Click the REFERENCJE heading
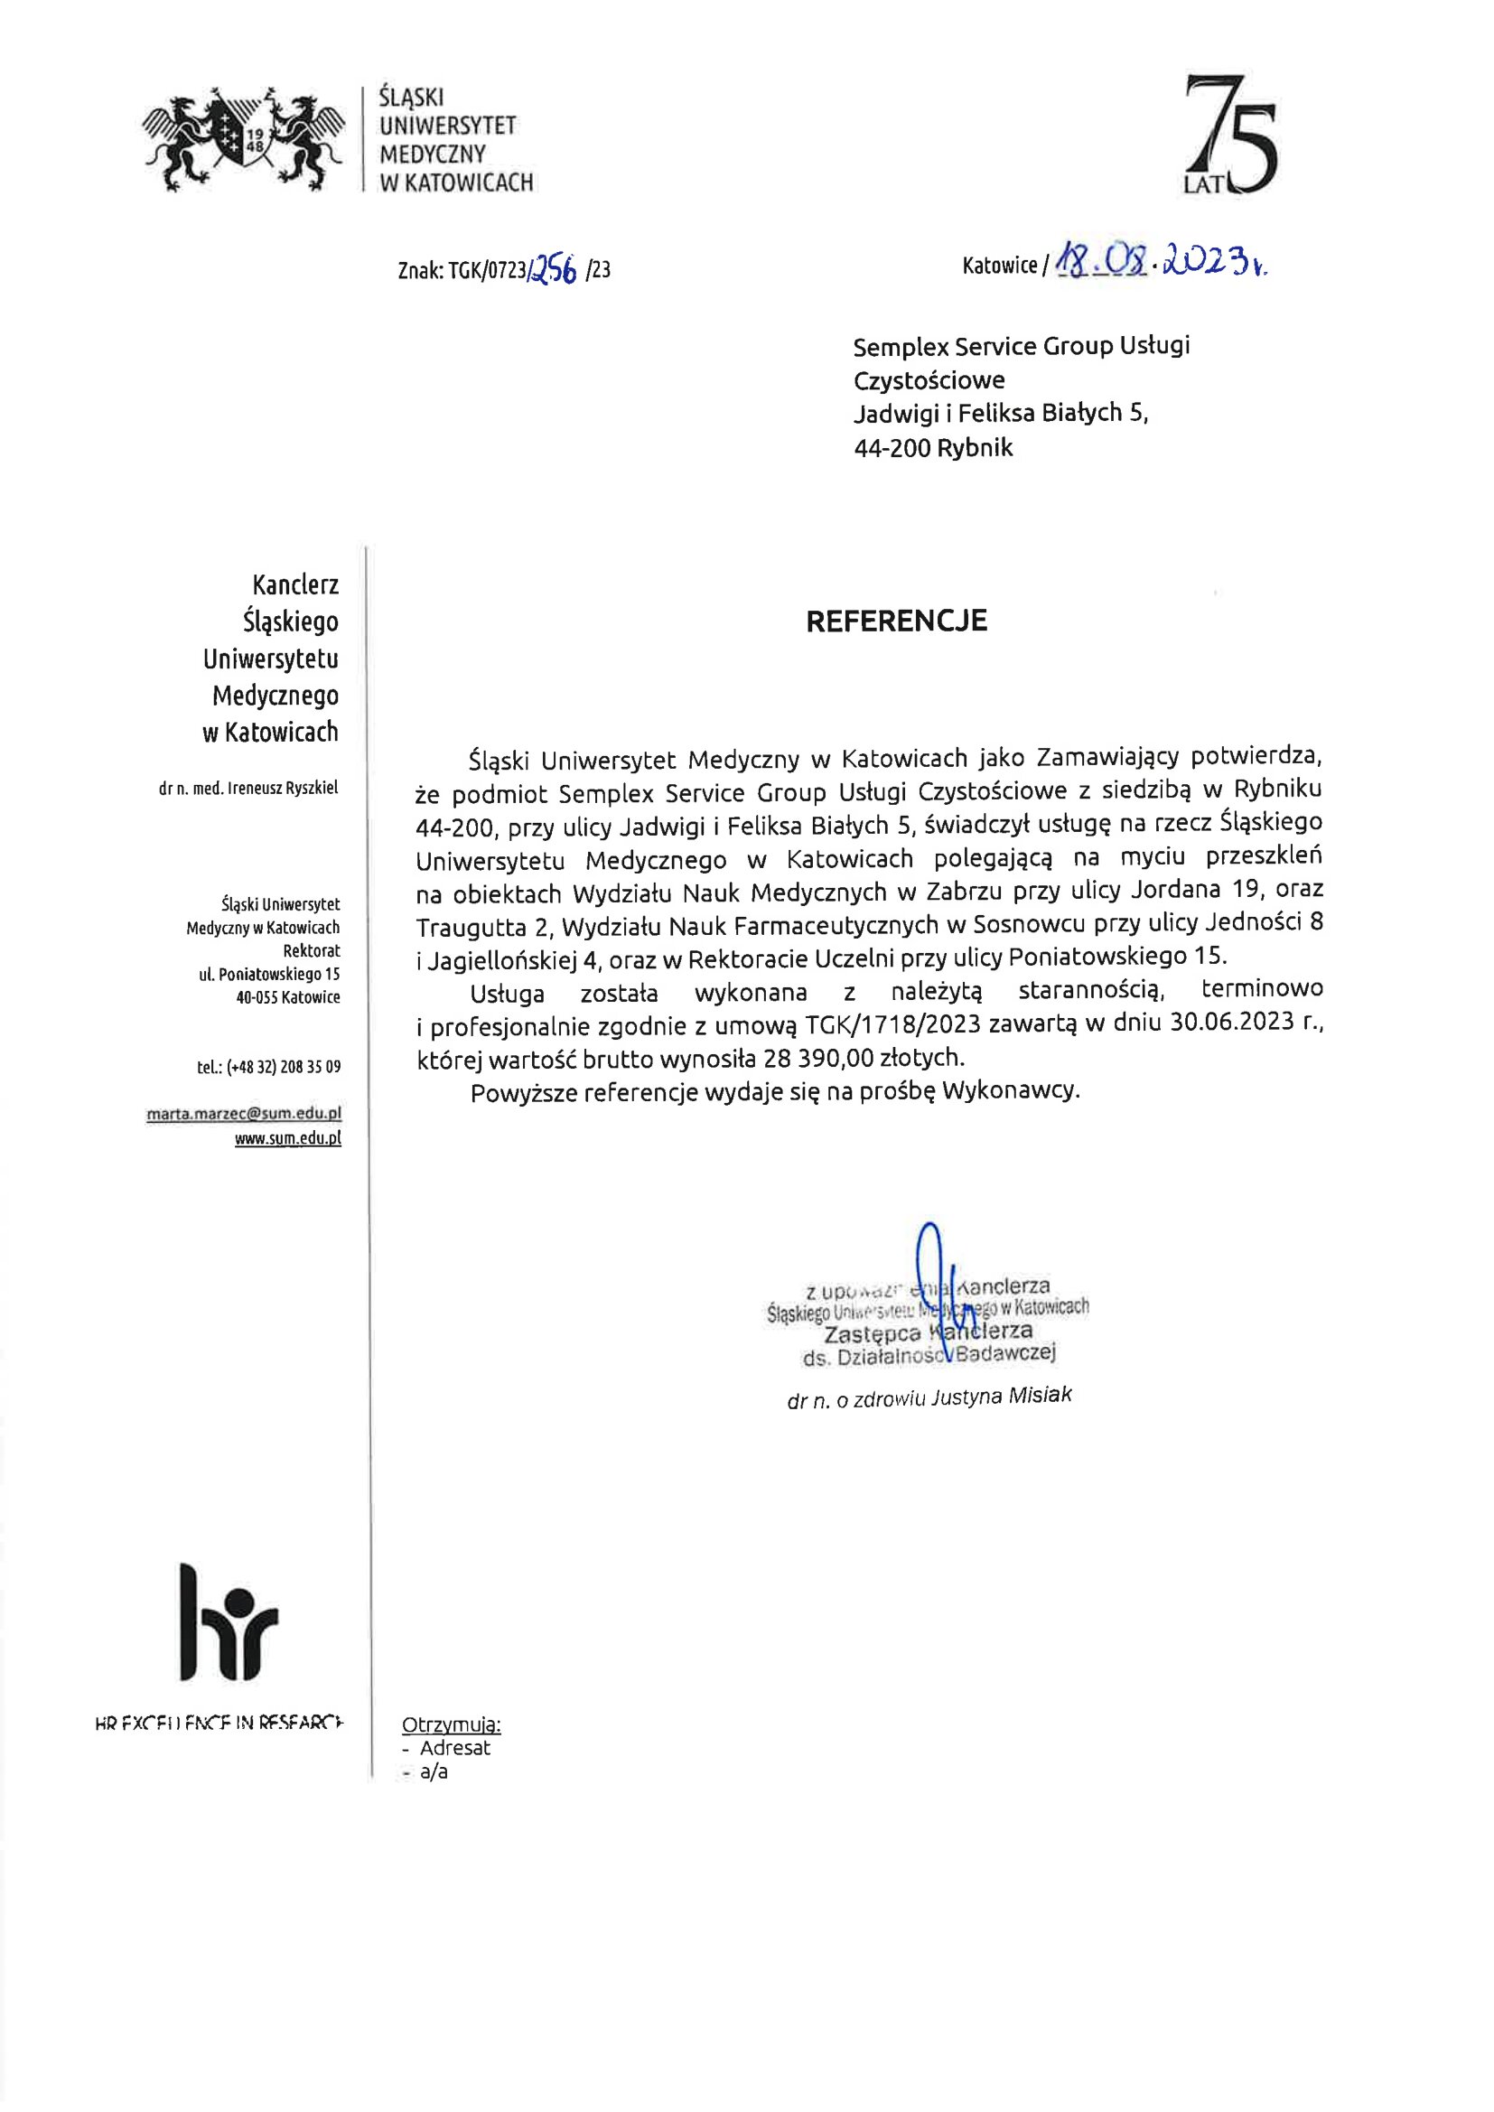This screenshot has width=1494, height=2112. [x=896, y=621]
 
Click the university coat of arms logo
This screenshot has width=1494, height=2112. [x=243, y=138]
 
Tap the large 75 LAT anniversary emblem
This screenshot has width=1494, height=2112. [x=1229, y=138]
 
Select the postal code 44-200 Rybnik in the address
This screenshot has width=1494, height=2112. [x=933, y=448]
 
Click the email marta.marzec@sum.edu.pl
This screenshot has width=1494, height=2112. [x=244, y=1113]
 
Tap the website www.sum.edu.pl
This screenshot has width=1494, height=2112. [x=287, y=1138]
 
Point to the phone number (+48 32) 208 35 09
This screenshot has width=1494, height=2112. [x=268, y=1067]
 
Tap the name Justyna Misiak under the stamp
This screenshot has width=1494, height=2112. [x=1001, y=1397]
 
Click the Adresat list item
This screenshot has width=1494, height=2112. [x=454, y=1748]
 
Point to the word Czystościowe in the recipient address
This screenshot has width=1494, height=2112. [x=929, y=379]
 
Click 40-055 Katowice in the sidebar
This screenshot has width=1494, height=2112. [x=287, y=997]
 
